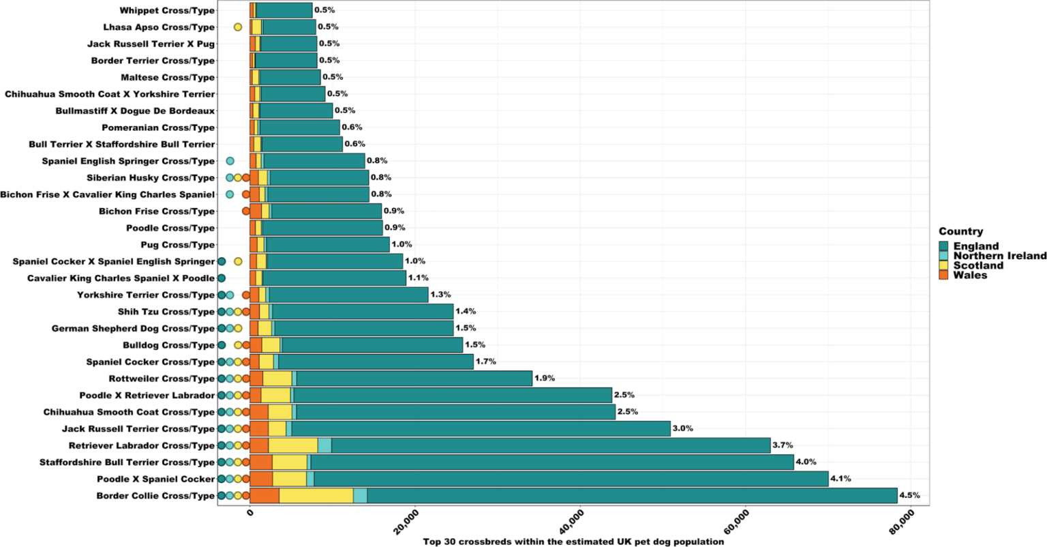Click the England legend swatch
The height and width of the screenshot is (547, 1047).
pos(944,246)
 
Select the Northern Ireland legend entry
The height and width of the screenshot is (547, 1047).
pos(999,256)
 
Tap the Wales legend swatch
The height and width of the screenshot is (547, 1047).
pos(944,275)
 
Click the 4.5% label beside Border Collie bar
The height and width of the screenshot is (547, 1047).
pos(909,496)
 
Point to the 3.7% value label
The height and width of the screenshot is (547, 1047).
pos(783,445)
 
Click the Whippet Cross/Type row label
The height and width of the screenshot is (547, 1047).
pos(166,10)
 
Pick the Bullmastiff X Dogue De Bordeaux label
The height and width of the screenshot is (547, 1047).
pos(135,110)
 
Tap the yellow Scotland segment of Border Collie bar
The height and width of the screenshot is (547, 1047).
pos(316,496)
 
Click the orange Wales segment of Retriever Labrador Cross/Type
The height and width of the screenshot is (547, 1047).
pos(259,445)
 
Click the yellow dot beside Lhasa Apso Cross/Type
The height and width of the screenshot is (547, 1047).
pos(238,27)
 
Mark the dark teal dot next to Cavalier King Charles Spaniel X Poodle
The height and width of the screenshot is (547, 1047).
pos(222,278)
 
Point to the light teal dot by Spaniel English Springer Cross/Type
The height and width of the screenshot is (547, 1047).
pos(230,161)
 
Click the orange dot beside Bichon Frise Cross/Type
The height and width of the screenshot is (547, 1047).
pos(246,211)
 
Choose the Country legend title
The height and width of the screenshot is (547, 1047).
pos(960,232)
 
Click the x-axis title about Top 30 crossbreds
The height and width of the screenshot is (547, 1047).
pos(573,542)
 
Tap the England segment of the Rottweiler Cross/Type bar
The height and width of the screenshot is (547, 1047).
pos(414,379)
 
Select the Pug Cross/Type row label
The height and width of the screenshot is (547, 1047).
pos(177,245)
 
